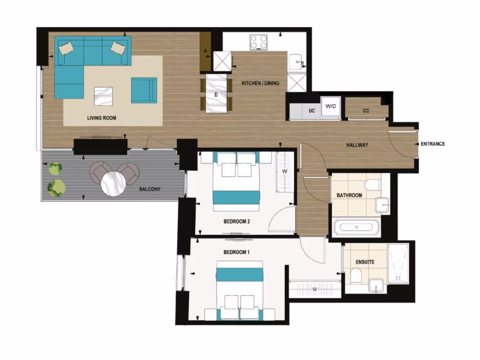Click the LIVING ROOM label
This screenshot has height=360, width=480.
tap(102, 118)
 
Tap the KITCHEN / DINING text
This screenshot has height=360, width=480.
tap(260, 83)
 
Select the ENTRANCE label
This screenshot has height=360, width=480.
tap(433, 144)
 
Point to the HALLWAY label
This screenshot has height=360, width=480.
tap(357, 145)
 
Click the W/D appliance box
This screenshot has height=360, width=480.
tap(331, 107)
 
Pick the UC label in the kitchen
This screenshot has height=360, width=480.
tap(311, 111)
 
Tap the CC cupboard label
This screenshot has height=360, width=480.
tap(366, 111)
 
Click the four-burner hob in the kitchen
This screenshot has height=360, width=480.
tap(258, 43)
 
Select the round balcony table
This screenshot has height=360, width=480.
tap(114, 183)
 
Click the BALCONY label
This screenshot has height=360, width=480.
tap(150, 189)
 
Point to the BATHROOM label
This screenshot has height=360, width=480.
tap(349, 195)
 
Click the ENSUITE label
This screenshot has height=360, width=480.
tap(365, 262)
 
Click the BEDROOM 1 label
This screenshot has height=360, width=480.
tap(236, 252)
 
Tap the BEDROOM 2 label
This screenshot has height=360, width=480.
tap(236, 221)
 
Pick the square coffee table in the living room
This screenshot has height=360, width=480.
tap(103, 97)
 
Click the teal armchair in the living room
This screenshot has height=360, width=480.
tap(144, 90)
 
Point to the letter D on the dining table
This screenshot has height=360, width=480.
tap(216, 95)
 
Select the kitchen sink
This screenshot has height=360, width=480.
tap(296, 62)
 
